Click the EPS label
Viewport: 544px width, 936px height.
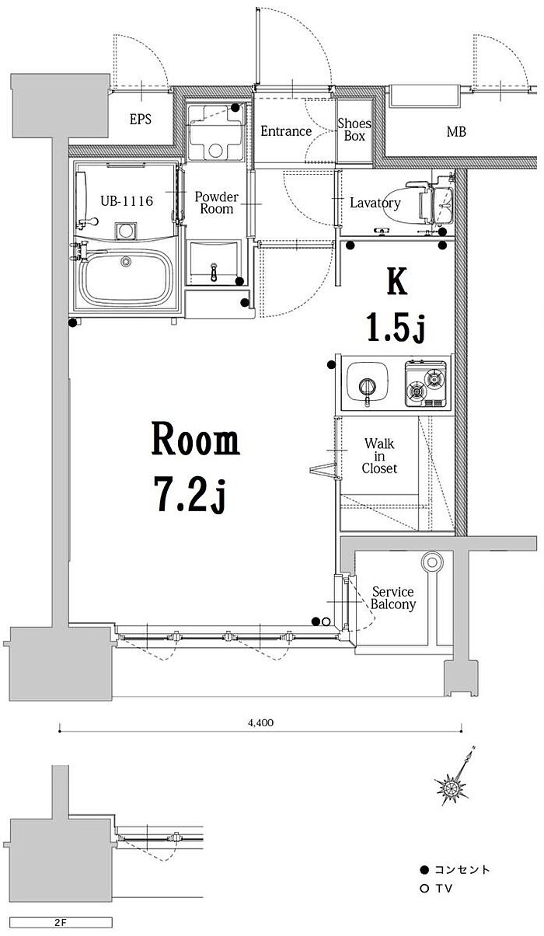click(x=140, y=120)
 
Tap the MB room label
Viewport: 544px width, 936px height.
click(x=456, y=132)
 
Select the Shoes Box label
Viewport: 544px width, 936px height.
click(x=354, y=130)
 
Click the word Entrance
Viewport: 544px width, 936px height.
click(x=286, y=131)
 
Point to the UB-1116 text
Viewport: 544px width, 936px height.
click(x=127, y=201)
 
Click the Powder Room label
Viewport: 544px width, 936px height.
click(x=217, y=203)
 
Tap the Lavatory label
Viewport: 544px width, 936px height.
click(x=375, y=203)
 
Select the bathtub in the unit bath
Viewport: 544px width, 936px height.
click(x=126, y=278)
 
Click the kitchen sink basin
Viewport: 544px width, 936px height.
click(x=368, y=381)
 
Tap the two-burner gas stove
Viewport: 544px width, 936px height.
click(x=425, y=383)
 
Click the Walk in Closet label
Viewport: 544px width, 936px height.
click(x=379, y=456)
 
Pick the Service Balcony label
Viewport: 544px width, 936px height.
click(x=393, y=598)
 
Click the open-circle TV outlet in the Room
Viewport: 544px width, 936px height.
click(x=326, y=621)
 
